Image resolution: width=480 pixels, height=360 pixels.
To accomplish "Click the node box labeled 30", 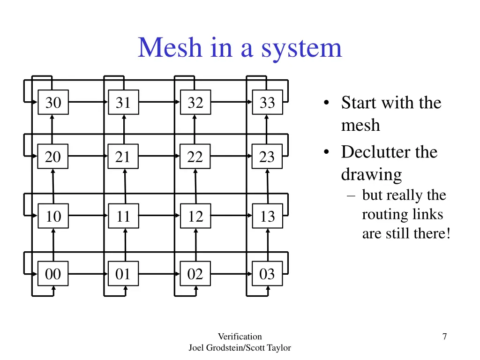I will tap(53, 102).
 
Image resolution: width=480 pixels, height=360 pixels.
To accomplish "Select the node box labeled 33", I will tap(267, 102).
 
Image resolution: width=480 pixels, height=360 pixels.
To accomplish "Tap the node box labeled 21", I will tap(123, 157).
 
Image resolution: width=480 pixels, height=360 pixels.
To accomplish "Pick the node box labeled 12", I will tap(195, 216).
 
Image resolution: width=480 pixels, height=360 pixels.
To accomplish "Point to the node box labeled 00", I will tap(53, 274).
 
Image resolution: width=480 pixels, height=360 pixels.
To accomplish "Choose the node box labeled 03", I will tap(267, 274).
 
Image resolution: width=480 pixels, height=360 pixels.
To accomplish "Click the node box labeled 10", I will tap(53, 216).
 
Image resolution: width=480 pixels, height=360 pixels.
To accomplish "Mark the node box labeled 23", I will tap(267, 157).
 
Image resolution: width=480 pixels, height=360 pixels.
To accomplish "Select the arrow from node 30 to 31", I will tap(88, 102).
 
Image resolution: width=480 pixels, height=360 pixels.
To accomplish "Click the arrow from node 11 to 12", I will tap(159, 216).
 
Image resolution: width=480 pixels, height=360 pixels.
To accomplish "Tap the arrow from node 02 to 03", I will tap(231, 274).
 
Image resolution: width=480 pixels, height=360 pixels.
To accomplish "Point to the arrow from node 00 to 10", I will tap(53, 245).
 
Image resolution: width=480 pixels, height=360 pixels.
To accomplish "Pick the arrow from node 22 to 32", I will tap(195, 129).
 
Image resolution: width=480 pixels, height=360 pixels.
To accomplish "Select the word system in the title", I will tap(301, 48).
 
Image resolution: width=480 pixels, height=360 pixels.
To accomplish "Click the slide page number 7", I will tap(444, 336).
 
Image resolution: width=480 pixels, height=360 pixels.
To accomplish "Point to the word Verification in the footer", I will tap(240, 336).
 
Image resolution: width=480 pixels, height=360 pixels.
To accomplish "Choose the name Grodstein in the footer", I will tap(230, 347).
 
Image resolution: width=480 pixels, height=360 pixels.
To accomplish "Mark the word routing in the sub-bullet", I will tap(379, 214).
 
